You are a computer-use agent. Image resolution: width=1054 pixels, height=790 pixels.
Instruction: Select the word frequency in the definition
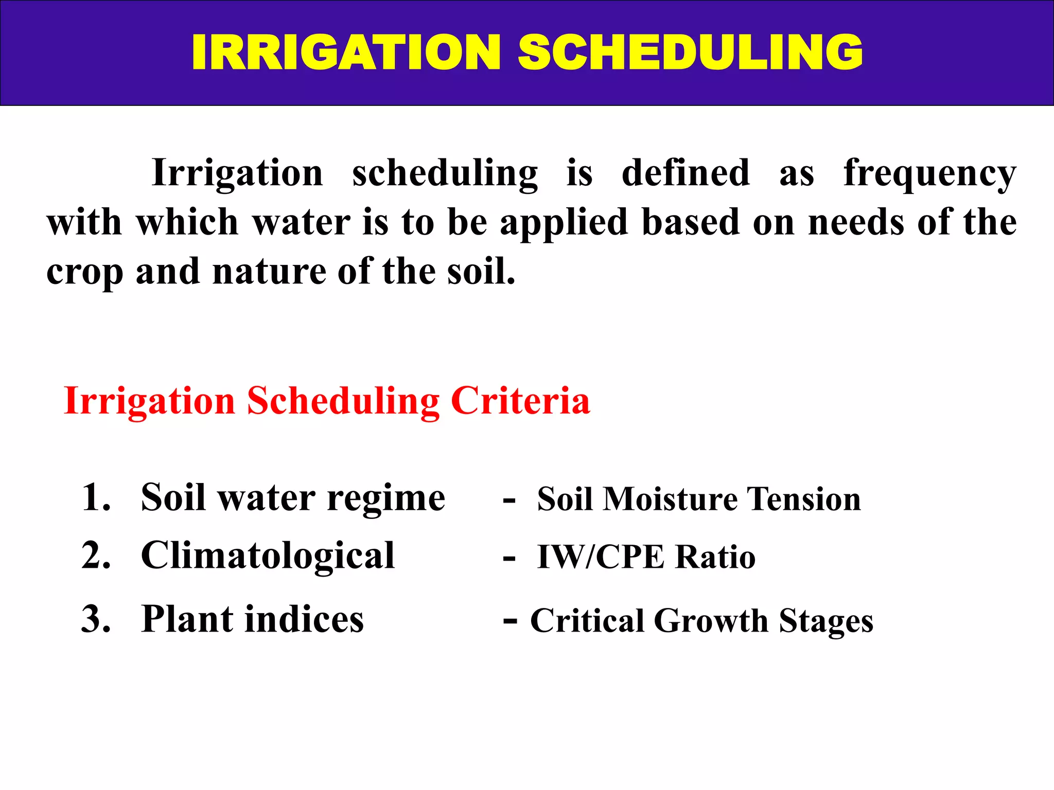929,174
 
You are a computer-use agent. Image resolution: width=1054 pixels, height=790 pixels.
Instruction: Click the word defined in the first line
686,173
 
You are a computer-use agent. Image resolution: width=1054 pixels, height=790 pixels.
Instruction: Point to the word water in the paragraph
302,223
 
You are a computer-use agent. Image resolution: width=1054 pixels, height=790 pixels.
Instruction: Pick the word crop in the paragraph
84,273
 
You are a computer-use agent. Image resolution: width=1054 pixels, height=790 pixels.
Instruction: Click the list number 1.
96,498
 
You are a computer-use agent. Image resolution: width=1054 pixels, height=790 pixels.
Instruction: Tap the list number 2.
96,556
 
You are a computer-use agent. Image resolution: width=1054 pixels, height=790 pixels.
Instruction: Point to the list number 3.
96,619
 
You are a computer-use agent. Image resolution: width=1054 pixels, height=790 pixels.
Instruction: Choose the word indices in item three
304,619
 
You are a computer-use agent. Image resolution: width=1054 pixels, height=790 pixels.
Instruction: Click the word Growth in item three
711,621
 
